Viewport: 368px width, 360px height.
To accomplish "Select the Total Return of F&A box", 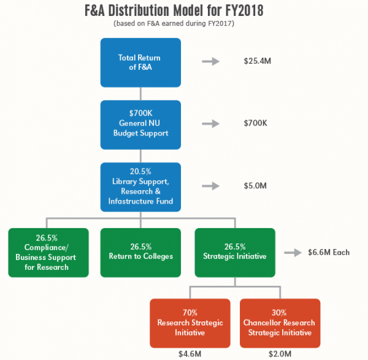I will click(140, 62).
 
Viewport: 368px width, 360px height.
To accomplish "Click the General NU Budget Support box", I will click(140, 124).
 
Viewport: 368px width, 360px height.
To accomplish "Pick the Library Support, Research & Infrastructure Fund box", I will click(140, 186).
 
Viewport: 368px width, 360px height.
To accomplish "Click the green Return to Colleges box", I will click(140, 252).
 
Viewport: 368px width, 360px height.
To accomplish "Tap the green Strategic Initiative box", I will click(235, 252).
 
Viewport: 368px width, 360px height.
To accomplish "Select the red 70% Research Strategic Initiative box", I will click(190, 323).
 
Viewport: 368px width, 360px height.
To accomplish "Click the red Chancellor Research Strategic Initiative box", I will click(280, 323).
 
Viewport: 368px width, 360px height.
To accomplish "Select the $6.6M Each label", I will click(329, 252).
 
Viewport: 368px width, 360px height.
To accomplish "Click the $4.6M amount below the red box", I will click(190, 353).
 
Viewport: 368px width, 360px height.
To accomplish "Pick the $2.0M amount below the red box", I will click(280, 353).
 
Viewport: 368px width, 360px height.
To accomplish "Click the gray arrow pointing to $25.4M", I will click(210, 61).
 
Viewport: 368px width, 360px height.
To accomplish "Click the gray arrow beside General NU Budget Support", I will click(210, 123).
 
